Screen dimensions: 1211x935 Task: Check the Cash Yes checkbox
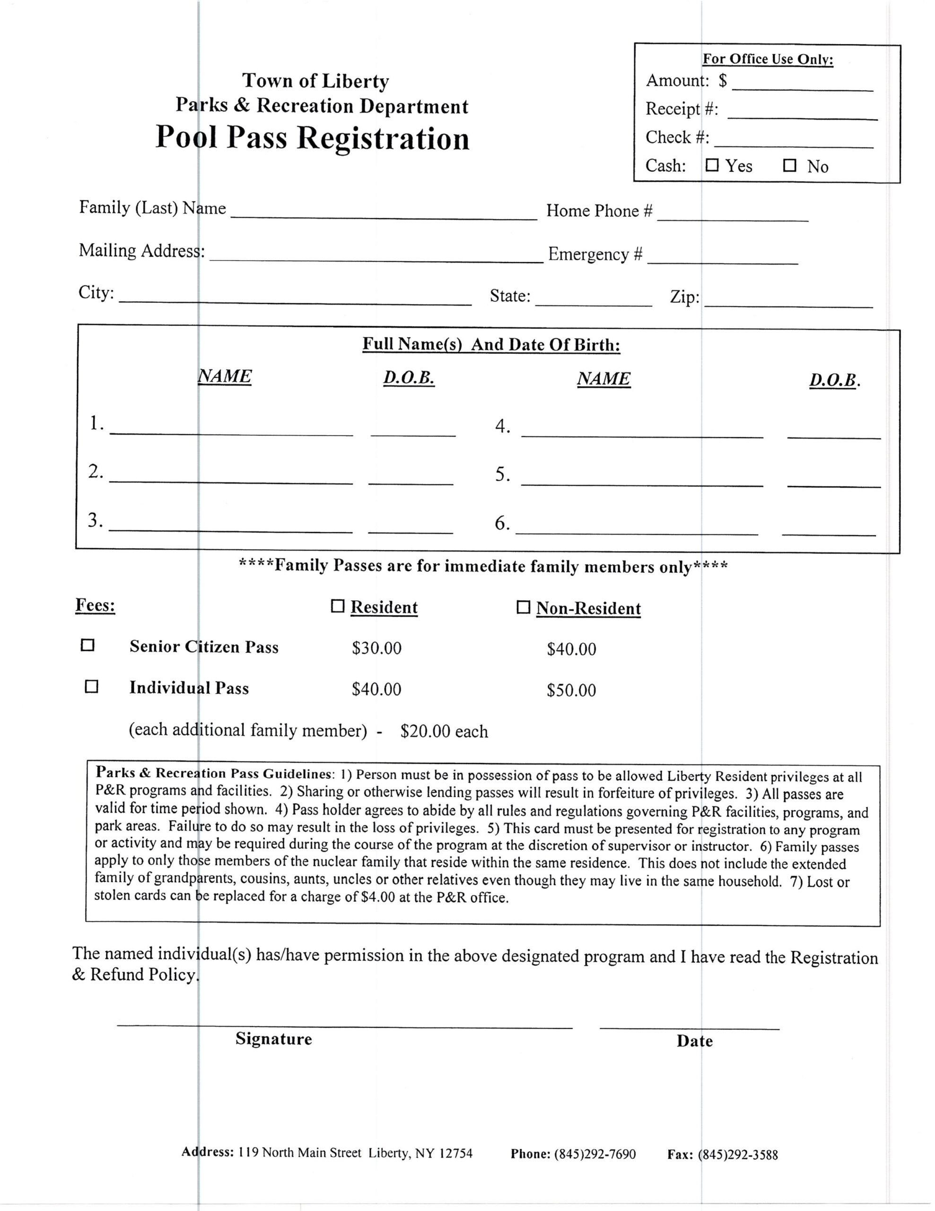[x=712, y=165]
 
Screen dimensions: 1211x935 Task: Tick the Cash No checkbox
[x=789, y=165]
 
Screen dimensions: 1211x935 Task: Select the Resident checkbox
[x=337, y=606]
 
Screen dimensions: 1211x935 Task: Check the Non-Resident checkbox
[x=523, y=607]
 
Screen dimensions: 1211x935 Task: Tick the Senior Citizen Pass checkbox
[x=87, y=645]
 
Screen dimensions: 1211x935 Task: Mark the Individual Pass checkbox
[x=91, y=686]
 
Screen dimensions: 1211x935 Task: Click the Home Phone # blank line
[x=732, y=216]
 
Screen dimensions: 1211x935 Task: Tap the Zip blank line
[x=788, y=301]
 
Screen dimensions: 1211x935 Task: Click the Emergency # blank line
[x=722, y=258]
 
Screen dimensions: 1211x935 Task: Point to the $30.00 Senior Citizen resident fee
[x=376, y=648]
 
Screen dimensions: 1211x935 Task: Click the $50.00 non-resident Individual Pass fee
[x=571, y=690]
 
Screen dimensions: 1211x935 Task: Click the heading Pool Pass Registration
[x=312, y=138]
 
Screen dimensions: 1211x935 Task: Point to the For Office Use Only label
[x=768, y=59]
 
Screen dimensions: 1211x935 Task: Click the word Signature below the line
[x=274, y=1038]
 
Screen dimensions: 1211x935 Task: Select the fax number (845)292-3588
[x=738, y=1155]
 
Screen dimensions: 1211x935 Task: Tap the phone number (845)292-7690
[x=594, y=1154]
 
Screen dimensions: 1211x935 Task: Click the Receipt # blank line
[x=802, y=114]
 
